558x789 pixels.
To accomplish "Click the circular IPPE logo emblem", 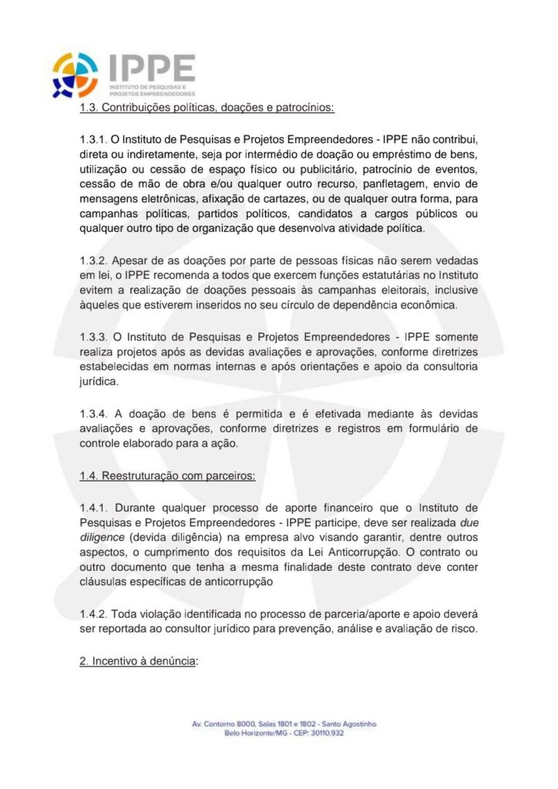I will [x=75, y=75].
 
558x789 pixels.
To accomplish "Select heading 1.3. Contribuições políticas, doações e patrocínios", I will [x=207, y=107].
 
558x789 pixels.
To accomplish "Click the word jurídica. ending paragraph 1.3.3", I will [x=100, y=381].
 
